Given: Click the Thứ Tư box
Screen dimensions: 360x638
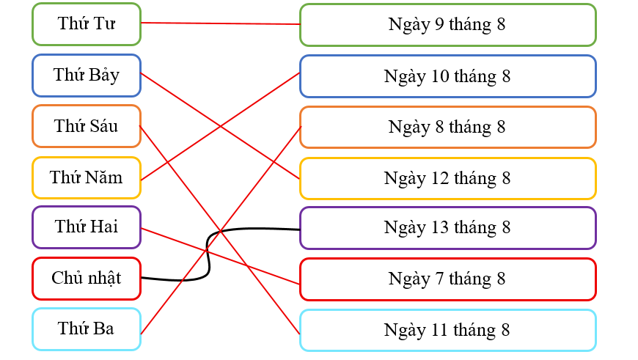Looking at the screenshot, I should (87, 23).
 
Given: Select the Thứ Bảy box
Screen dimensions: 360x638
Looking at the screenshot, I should (87, 75).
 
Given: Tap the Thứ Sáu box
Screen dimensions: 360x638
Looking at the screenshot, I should (87, 126).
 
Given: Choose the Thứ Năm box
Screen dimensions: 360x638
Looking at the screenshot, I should (87, 177).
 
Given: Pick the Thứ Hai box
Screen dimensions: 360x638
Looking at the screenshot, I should (87, 227).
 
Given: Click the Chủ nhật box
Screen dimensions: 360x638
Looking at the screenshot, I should (87, 279).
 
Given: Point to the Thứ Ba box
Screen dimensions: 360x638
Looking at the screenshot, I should (87, 329).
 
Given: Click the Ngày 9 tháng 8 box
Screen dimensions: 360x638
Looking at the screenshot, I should (447, 24).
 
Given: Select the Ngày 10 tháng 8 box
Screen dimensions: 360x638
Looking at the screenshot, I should (447, 76).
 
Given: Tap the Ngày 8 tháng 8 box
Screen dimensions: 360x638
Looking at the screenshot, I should (447, 127).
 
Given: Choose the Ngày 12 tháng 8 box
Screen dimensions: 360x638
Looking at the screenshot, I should (447, 178).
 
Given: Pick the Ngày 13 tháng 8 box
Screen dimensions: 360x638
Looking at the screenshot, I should (447, 227).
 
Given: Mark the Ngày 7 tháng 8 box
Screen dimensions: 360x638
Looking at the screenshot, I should (447, 279).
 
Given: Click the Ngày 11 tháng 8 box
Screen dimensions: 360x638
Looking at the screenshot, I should (447, 330).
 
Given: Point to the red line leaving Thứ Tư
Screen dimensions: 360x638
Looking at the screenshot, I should (220, 23).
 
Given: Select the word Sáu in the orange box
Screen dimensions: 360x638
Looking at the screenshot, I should (103, 126).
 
